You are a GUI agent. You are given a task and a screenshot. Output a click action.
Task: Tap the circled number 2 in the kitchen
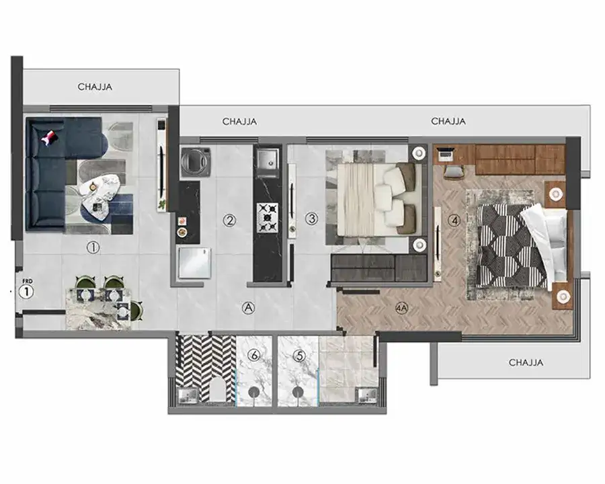(230, 220)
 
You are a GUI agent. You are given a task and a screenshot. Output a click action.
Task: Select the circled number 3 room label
(312, 219)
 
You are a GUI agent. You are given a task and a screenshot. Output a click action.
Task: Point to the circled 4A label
(402, 308)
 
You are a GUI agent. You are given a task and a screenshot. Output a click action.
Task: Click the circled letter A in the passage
(248, 308)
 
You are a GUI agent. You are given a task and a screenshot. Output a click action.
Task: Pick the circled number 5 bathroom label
(299, 356)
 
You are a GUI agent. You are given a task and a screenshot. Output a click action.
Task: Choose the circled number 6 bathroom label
(254, 355)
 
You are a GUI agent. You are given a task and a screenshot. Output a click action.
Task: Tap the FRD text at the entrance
(28, 282)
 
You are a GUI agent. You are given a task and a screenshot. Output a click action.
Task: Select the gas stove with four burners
(268, 218)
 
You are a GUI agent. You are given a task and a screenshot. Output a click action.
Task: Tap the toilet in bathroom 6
(218, 389)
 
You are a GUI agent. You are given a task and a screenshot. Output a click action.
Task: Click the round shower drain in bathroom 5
(298, 392)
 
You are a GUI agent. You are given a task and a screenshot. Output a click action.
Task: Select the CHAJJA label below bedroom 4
(526, 362)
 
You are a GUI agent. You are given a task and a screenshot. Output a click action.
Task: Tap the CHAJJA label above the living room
(95, 87)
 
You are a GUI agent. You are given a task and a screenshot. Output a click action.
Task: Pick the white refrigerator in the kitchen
(194, 263)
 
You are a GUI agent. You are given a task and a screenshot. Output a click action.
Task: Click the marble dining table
(98, 309)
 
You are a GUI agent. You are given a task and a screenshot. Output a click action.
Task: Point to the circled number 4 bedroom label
(454, 220)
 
